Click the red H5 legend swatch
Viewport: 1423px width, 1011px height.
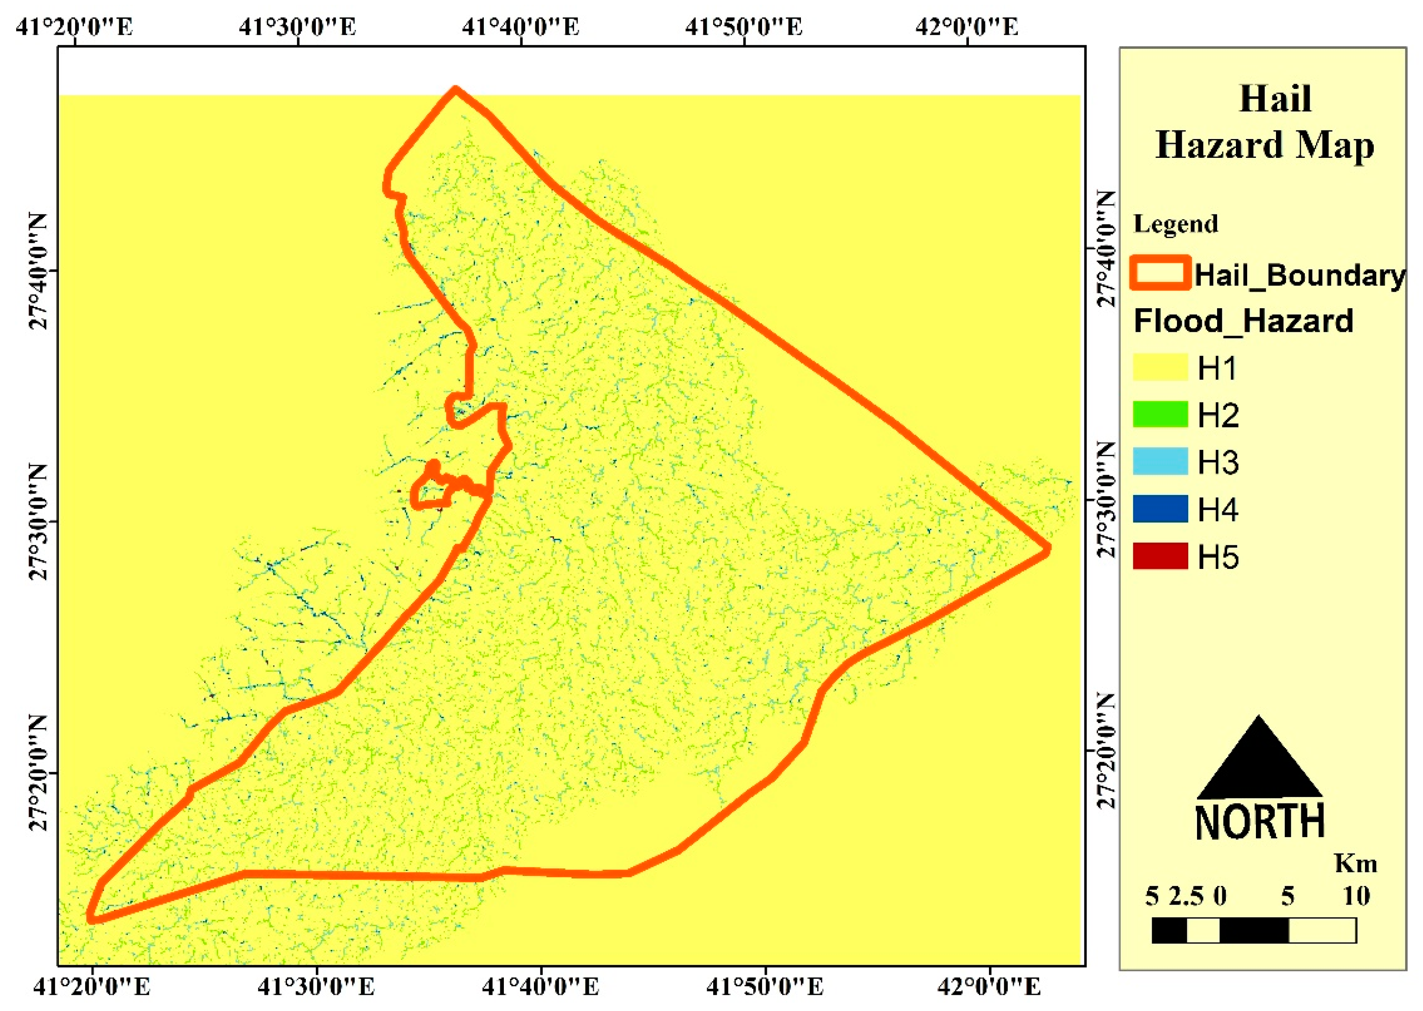click(1160, 556)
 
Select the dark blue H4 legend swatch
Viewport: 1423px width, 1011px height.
click(1160, 509)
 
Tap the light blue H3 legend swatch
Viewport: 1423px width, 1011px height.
click(1160, 461)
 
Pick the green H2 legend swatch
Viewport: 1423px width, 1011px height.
click(1160, 414)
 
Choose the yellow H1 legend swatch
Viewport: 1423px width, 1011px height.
click(1160, 367)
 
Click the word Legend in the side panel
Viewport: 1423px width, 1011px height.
click(1175, 224)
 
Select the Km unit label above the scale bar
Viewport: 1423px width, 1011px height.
click(1355, 864)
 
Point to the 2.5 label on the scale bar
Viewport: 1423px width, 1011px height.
click(1186, 896)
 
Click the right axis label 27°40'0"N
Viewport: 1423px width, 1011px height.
click(1105, 248)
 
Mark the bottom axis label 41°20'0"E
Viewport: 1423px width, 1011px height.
click(92, 987)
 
